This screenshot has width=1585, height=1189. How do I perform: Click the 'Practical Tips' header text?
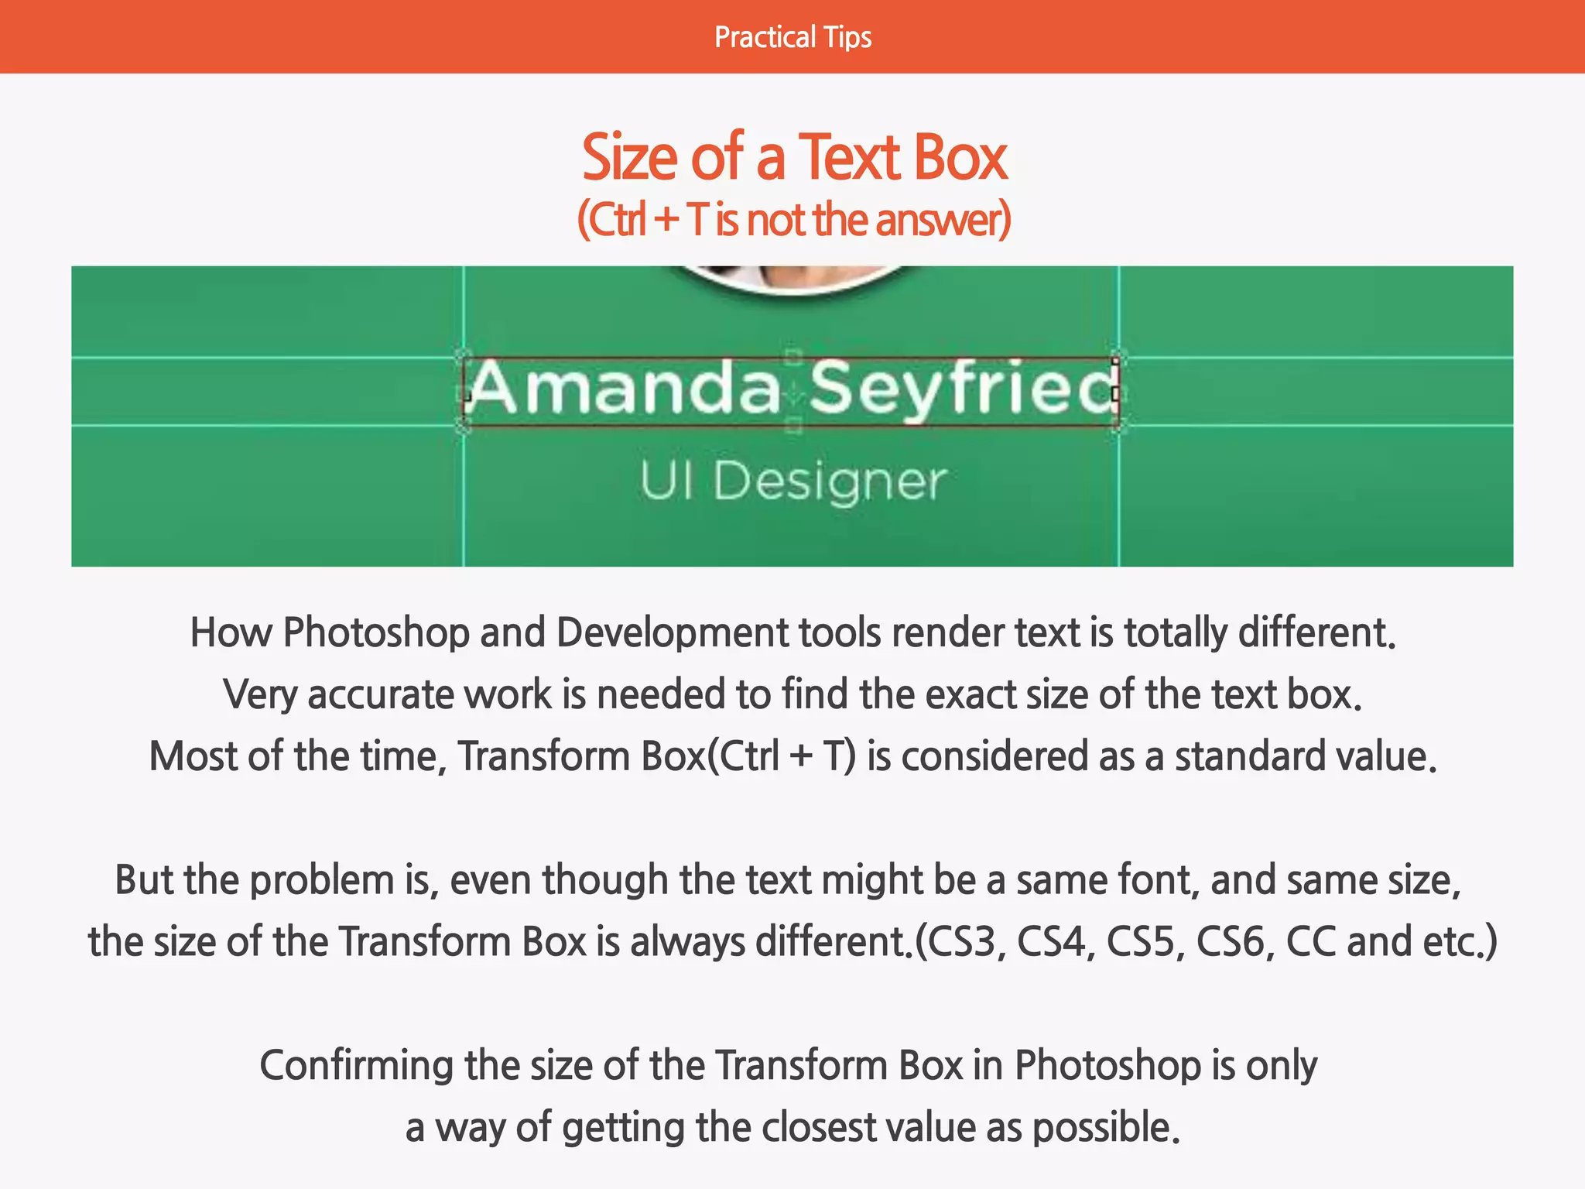[x=792, y=37]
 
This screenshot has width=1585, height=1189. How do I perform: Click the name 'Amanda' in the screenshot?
[x=624, y=389]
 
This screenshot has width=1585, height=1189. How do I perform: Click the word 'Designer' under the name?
[x=829, y=481]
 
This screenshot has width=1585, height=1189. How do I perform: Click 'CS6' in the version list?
[x=1234, y=942]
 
